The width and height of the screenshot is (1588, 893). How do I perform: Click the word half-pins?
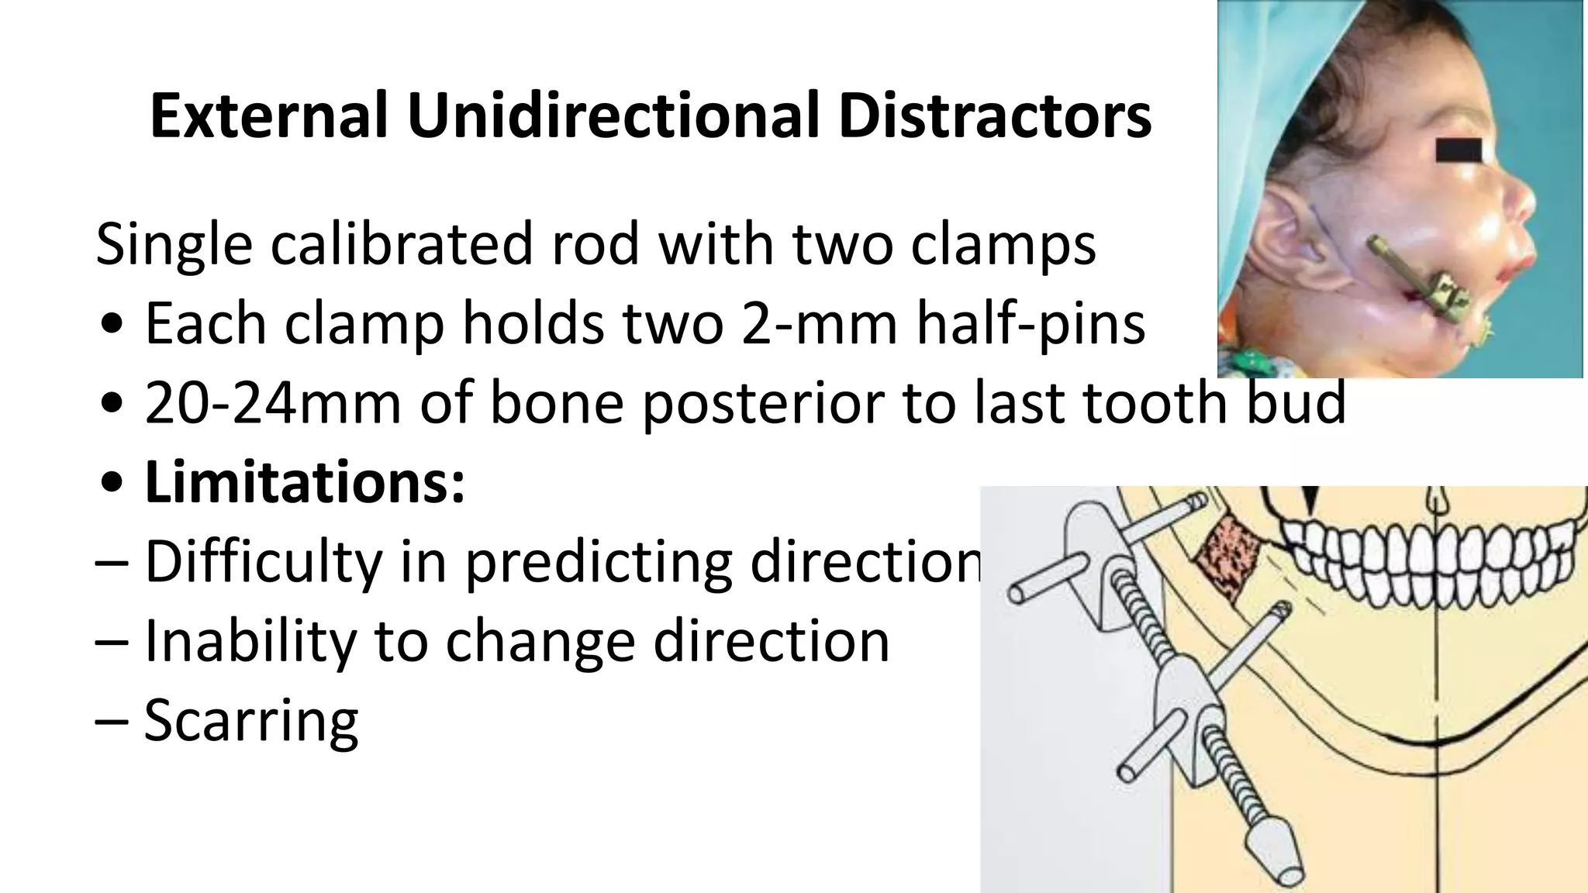[1031, 323]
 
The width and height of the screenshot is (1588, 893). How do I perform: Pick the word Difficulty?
[264, 561]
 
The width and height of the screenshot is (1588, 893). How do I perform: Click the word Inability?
[250, 641]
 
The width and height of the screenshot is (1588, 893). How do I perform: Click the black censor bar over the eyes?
[1459, 150]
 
